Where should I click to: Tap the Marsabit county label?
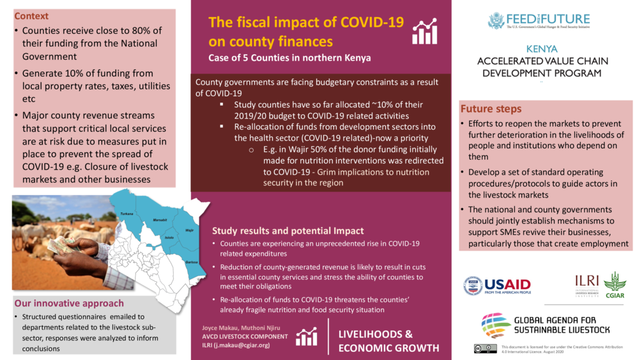coord(160,221)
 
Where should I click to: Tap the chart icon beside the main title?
coord(424,31)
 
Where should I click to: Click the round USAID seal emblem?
coord(473,286)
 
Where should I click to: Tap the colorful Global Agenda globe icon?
coord(496,325)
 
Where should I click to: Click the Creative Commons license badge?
coord(486,348)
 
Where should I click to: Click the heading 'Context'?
coord(31,16)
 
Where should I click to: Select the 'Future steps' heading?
coord(491,109)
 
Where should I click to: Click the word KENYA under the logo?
coord(542,49)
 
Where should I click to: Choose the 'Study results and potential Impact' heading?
coord(288,231)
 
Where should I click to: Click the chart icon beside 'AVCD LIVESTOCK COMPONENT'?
coord(307,336)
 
